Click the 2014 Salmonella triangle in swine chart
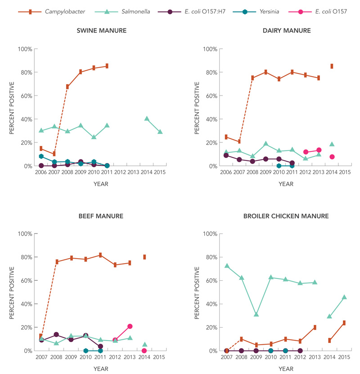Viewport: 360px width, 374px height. click(x=147, y=119)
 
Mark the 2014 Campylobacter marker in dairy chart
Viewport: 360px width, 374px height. click(x=332, y=66)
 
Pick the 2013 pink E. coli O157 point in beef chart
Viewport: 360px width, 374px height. click(x=130, y=326)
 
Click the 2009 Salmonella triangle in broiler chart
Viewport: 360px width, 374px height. click(x=256, y=314)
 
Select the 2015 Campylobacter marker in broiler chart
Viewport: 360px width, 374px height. click(x=344, y=323)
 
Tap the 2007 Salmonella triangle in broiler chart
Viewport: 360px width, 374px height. click(x=227, y=266)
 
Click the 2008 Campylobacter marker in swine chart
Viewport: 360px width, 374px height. click(x=67, y=87)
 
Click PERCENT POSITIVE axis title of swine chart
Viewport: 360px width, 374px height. click(x=12, y=107)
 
